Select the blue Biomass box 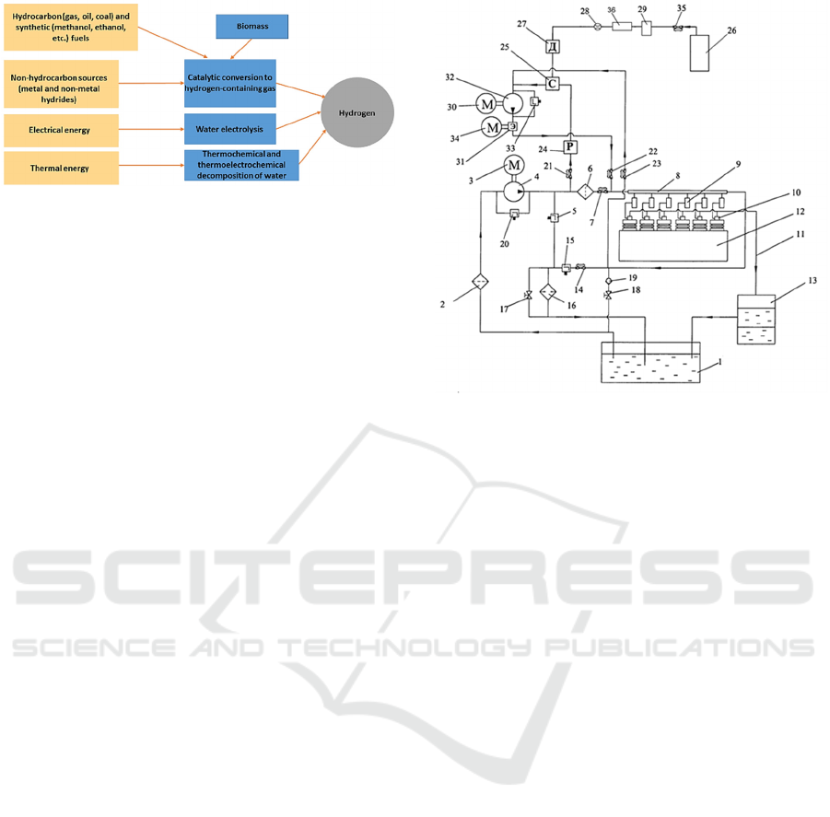[x=251, y=27]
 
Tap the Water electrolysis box [x=229, y=129]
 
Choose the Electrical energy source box [x=61, y=130]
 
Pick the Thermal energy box [x=61, y=168]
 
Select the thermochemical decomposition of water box [x=241, y=164]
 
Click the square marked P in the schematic [x=570, y=147]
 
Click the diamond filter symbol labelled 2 [x=480, y=280]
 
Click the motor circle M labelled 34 [x=492, y=126]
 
